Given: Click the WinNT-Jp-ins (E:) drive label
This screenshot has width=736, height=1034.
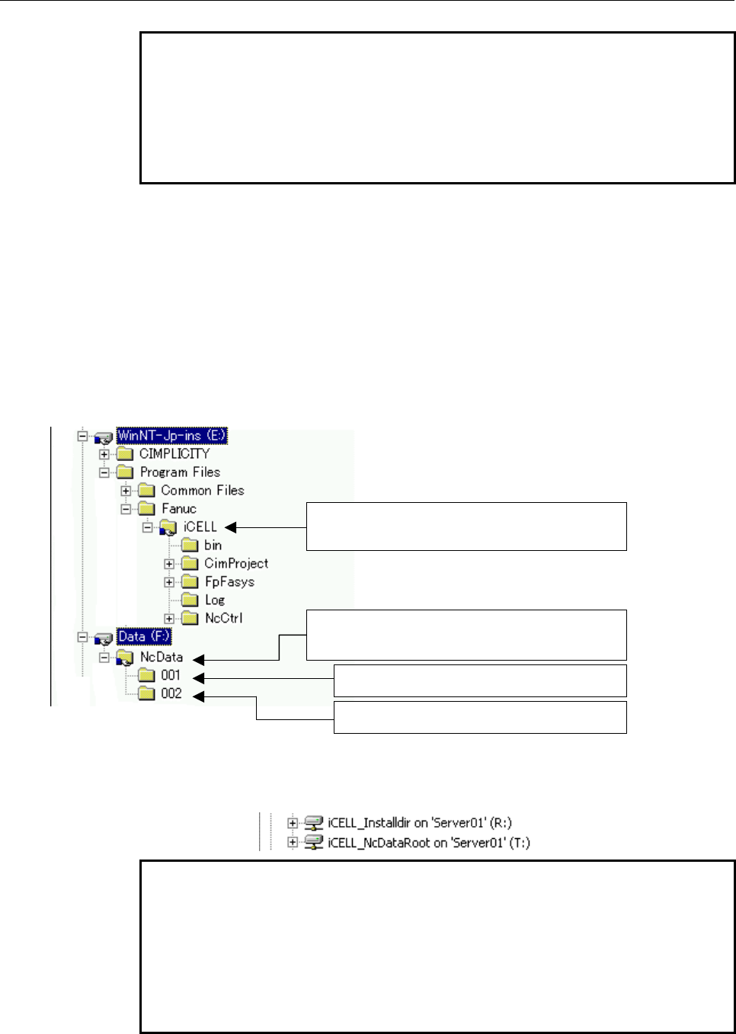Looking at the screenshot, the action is [x=171, y=435].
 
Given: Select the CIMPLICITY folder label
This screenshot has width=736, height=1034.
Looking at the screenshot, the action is [x=174, y=454].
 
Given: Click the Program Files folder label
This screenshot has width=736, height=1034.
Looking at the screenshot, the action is [x=180, y=472].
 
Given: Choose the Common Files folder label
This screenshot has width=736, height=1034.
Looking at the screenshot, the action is [x=203, y=490].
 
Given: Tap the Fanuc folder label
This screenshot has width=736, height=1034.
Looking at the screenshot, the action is [x=179, y=509].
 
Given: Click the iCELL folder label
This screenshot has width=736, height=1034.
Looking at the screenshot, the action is [x=200, y=527].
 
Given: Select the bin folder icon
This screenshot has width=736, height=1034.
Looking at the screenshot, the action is [x=190, y=545].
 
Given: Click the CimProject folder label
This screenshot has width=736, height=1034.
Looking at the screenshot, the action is [x=236, y=563].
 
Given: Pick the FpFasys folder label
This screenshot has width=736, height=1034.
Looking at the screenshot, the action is [x=229, y=581].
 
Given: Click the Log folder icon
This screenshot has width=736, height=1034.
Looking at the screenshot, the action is [x=190, y=600].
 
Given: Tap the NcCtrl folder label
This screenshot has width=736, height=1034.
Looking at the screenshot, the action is [x=224, y=618].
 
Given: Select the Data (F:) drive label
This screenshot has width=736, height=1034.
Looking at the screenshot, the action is [x=144, y=636].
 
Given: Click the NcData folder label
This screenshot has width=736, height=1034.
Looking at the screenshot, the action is [x=162, y=657].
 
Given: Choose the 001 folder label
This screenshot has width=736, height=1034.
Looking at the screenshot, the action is [x=170, y=675].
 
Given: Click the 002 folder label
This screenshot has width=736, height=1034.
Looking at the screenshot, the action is [x=171, y=693].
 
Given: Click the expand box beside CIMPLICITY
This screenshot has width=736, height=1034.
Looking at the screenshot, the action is [x=104, y=454].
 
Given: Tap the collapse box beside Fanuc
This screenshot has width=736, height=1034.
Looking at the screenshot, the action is [x=126, y=509].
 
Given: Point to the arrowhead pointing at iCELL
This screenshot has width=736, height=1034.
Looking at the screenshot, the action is [x=231, y=527].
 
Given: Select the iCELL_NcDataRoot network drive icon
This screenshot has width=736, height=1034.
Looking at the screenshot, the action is [x=313, y=843].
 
